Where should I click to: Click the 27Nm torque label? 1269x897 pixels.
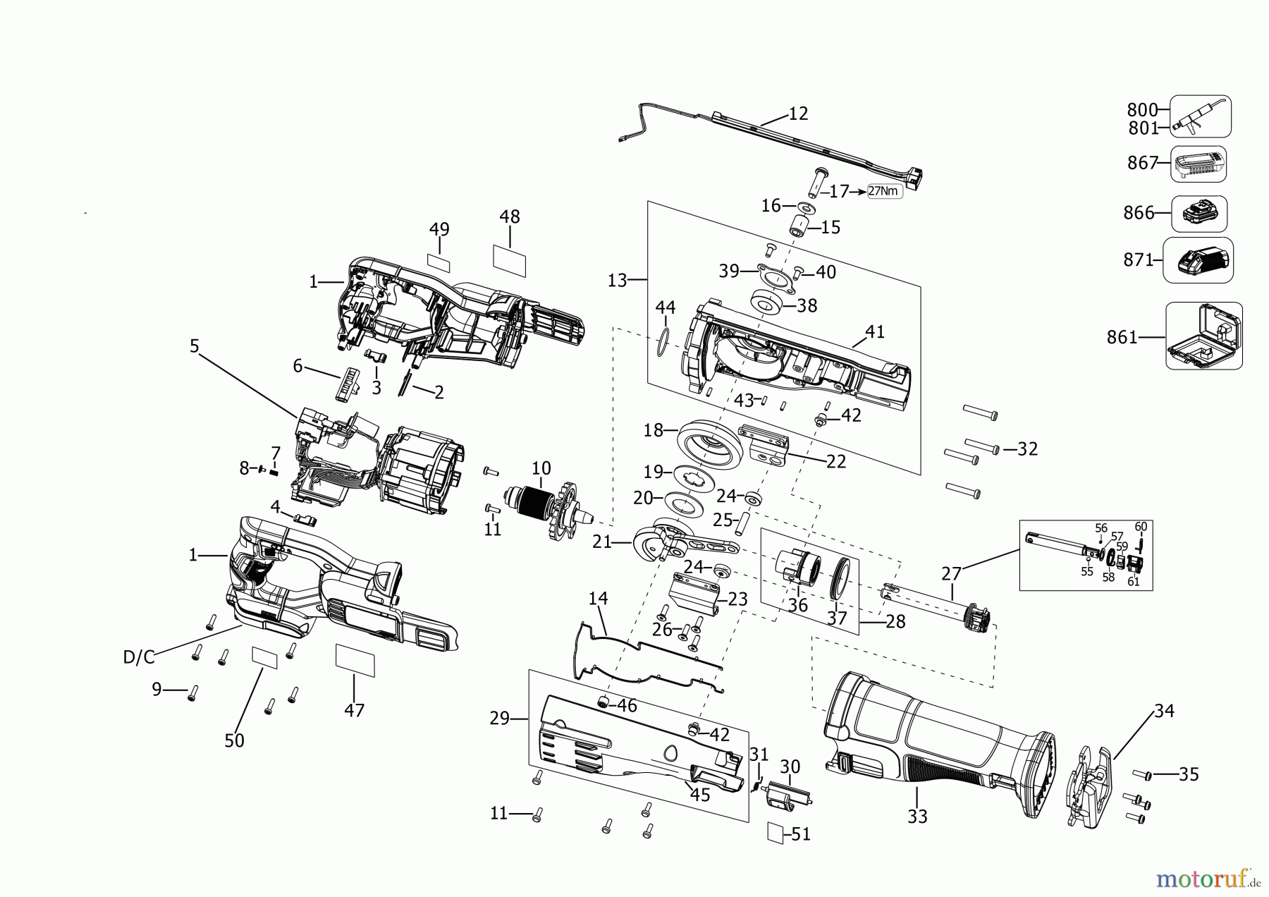click(884, 191)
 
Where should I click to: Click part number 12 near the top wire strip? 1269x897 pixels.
click(798, 114)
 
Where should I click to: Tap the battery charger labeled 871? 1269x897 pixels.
click(1198, 260)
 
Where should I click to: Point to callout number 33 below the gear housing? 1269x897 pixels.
click(917, 817)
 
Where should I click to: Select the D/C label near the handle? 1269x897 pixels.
click(138, 657)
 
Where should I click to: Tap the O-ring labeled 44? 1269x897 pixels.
click(661, 342)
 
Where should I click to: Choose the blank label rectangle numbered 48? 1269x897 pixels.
click(510, 260)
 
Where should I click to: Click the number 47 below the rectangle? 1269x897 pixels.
click(354, 709)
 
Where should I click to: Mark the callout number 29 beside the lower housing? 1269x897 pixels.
click(499, 719)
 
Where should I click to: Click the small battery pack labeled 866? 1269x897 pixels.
click(1198, 213)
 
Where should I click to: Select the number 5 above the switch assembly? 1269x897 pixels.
click(195, 346)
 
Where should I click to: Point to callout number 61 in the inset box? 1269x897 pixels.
click(1133, 581)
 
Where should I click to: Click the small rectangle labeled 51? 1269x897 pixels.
click(775, 832)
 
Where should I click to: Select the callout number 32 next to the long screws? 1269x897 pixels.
click(1027, 448)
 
